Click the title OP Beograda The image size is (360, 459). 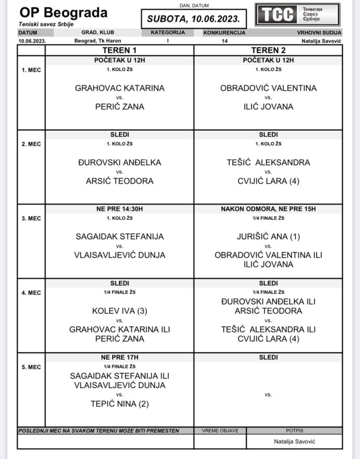(63, 12)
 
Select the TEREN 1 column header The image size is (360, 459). (119, 50)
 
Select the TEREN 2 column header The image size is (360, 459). (268, 50)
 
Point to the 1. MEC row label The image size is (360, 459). (31, 70)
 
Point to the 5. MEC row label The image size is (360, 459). (31, 367)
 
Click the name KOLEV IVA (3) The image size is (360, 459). (120, 311)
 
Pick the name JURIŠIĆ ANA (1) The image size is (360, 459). (268, 236)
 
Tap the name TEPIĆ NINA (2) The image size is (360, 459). (120, 404)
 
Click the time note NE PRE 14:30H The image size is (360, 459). (120, 209)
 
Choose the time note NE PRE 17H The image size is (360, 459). (120, 358)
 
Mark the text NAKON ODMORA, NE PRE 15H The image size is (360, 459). (268, 209)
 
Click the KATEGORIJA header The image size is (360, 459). (167, 33)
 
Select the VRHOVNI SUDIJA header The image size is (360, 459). (319, 33)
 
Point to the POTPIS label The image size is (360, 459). (293, 431)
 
